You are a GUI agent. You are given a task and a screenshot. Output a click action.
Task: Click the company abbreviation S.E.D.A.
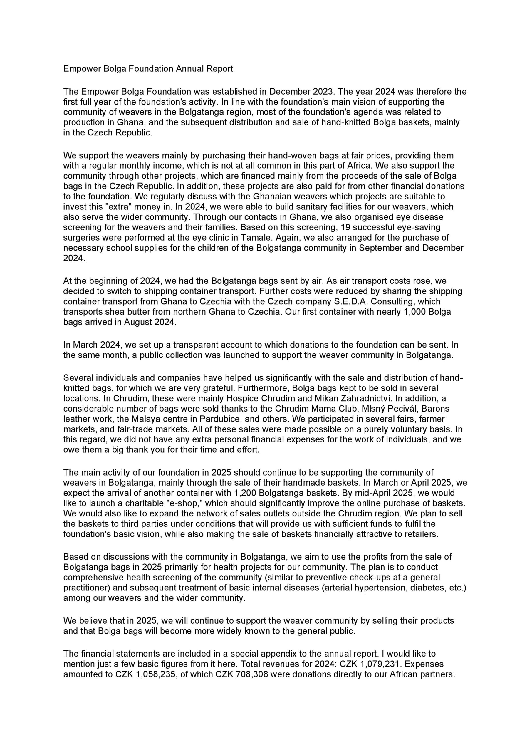click(372, 301)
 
